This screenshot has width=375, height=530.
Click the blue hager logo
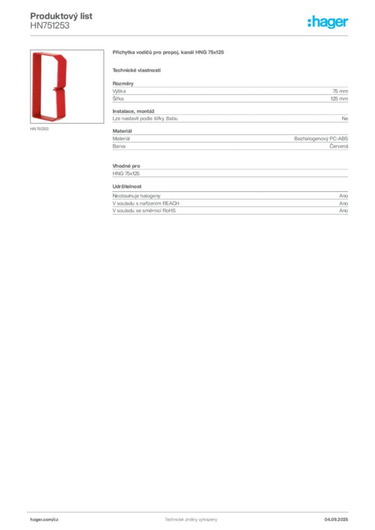[328, 23]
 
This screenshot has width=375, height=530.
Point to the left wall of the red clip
[35, 85]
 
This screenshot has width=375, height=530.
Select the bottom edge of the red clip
[49, 119]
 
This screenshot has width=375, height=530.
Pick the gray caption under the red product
[39, 129]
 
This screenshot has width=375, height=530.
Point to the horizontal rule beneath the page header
[190, 35]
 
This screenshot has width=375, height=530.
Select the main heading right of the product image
[169, 53]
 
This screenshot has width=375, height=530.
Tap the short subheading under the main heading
[137, 70]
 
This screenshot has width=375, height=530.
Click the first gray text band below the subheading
[229, 93]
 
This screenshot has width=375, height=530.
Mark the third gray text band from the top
[229, 142]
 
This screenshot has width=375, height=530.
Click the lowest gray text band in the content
[229, 204]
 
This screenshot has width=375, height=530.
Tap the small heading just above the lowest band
[128, 186]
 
